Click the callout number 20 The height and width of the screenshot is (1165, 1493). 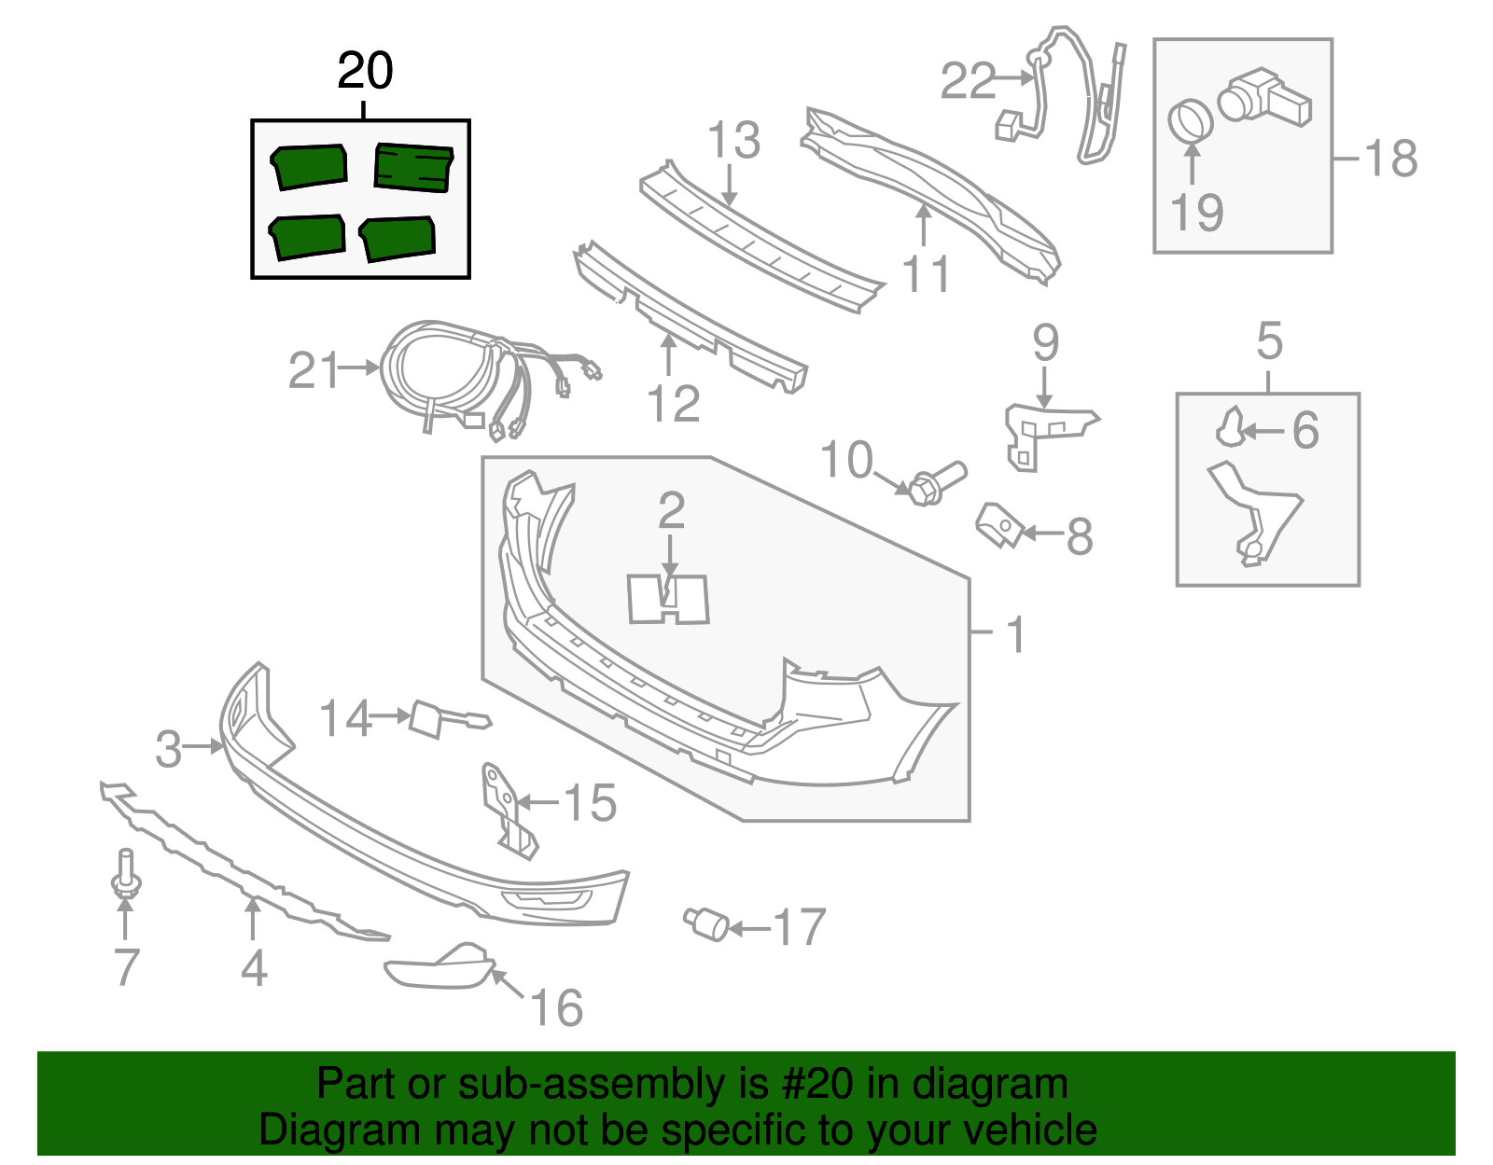(x=365, y=71)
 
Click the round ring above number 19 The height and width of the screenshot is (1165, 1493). (x=1190, y=119)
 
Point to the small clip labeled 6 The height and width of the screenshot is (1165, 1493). (x=1230, y=428)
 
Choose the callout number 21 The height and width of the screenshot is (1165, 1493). (x=314, y=370)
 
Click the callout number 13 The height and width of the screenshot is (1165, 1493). (x=733, y=141)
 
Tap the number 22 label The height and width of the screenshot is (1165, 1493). (x=968, y=80)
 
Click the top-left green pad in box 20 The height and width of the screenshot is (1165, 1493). (x=310, y=166)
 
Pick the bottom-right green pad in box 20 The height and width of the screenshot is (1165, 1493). (x=398, y=238)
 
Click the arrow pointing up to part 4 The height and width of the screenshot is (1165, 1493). (x=252, y=918)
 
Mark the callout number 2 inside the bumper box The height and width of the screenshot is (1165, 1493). (x=671, y=511)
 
